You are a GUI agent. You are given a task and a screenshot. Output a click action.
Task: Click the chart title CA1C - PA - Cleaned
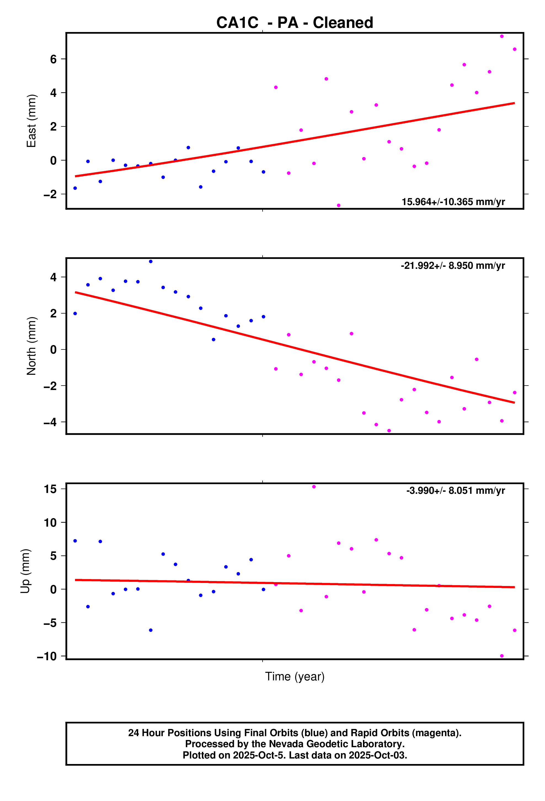pos(295,23)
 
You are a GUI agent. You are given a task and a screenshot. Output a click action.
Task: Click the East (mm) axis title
pos(31,121)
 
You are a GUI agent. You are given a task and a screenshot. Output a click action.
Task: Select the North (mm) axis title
pos(31,346)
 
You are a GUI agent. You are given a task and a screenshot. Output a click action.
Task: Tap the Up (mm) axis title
pos(25,571)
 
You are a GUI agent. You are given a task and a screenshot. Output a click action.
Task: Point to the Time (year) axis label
pos(295,677)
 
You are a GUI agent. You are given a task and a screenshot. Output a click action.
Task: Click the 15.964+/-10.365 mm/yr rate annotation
pos(453,202)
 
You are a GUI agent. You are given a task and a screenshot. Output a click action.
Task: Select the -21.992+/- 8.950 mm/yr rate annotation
pos(453,266)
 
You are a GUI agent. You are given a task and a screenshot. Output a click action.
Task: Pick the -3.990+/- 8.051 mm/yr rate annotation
pos(455,490)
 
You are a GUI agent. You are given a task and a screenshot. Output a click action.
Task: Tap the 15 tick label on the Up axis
pos(50,489)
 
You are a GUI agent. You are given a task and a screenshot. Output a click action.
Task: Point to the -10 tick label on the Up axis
pos(47,656)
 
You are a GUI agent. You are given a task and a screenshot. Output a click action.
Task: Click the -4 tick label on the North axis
pos(50,422)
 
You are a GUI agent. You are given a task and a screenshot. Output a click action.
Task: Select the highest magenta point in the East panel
pos(502,36)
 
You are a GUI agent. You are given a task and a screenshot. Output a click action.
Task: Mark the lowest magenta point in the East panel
pos(339,205)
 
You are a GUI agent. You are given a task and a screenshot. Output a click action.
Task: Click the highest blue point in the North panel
pos(151,262)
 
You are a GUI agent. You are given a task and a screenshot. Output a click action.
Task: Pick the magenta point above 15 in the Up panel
pos(314,487)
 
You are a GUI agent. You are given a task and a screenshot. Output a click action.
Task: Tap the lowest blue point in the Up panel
pos(151,630)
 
